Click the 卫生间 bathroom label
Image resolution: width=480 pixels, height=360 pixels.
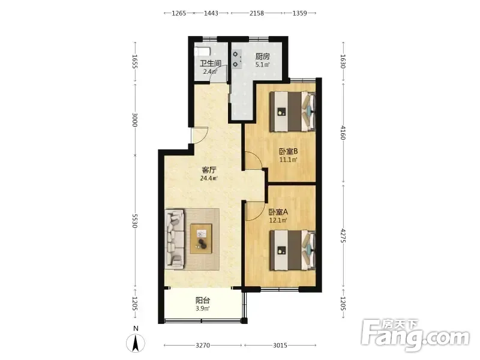(211, 64)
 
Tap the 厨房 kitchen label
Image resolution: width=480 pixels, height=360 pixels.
(262, 56)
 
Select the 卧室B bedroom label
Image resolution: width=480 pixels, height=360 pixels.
(288, 151)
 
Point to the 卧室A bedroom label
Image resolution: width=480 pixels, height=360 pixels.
(278, 212)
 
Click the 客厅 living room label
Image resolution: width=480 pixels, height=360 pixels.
(209, 170)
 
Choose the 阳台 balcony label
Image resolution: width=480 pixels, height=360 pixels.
(203, 301)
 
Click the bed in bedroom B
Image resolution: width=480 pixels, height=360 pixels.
(292, 112)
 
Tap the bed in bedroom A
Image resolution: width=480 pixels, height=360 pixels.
(292, 250)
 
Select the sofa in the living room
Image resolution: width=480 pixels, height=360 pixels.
(175, 239)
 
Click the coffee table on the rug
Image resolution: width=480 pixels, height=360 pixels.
(201, 239)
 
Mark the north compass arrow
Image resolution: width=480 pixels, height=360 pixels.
(136, 343)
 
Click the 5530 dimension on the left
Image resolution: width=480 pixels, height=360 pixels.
(134, 221)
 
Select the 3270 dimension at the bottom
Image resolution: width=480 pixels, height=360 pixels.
(203, 346)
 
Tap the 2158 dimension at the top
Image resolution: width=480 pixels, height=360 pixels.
(257, 13)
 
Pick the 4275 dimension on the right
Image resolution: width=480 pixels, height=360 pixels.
(343, 235)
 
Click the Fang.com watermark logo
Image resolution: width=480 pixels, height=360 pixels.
(415, 335)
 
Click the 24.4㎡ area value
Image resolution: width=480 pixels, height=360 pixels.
(209, 178)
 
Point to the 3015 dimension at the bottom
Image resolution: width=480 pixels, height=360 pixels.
(280, 346)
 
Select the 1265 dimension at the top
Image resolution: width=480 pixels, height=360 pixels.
(179, 13)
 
